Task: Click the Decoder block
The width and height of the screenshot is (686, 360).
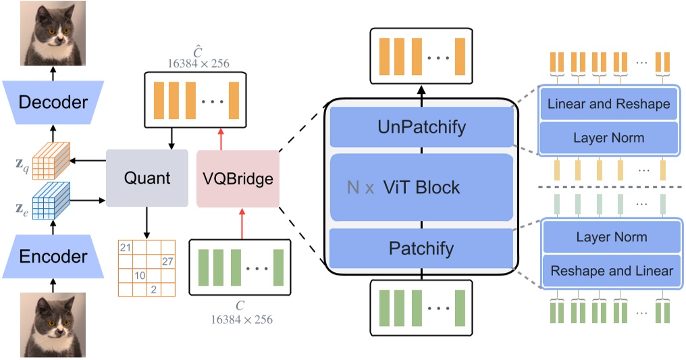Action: pyautogui.click(x=53, y=103)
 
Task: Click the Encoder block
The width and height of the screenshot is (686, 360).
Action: pyautogui.click(x=53, y=257)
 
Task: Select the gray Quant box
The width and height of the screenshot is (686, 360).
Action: pyautogui.click(x=147, y=179)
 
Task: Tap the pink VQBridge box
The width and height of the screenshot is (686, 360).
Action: pyautogui.click(x=238, y=179)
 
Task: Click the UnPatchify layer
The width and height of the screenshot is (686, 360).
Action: pyautogui.click(x=421, y=126)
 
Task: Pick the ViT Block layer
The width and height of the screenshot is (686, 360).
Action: pyautogui.click(x=421, y=187)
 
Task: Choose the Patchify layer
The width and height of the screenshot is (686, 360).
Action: pyautogui.click(x=421, y=248)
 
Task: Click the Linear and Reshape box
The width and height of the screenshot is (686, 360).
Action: pyautogui.click(x=608, y=104)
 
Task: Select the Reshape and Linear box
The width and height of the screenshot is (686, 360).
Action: pyautogui.click(x=611, y=271)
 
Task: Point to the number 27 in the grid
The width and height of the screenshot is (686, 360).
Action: pyautogui.click(x=167, y=261)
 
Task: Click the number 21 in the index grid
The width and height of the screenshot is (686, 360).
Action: pyautogui.click(x=124, y=248)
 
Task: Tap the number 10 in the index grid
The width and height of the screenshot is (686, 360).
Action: pyautogui.click(x=139, y=276)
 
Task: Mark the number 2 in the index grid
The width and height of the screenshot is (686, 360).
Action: pyautogui.click(x=154, y=289)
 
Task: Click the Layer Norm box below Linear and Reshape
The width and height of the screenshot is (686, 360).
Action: pyautogui.click(x=608, y=138)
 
